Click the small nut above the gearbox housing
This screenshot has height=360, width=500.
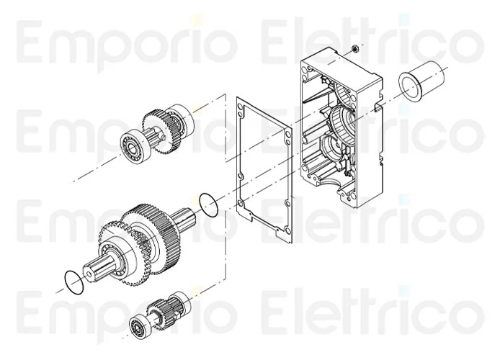(354, 49)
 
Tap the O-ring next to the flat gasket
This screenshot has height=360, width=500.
(208, 205)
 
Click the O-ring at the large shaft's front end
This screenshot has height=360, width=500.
(74, 282)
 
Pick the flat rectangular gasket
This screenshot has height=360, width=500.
(264, 170)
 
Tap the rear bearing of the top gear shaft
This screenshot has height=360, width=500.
(182, 118)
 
